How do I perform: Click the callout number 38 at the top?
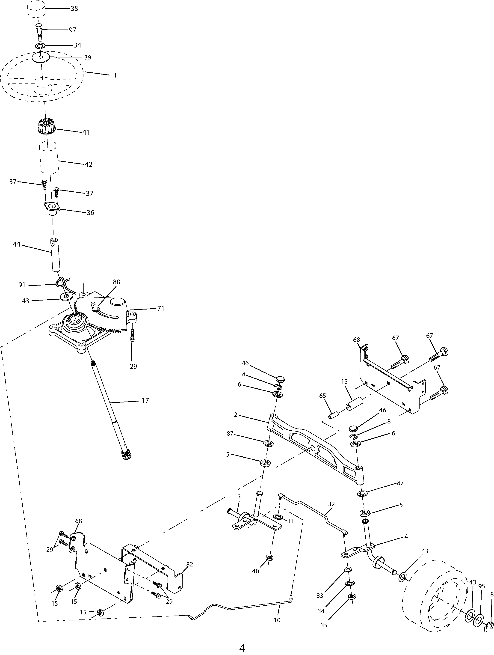point(74,9)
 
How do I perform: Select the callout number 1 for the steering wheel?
point(115,75)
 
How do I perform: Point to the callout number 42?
point(89,164)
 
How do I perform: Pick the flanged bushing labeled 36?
point(52,209)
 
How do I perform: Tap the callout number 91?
point(22,285)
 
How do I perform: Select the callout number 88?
point(117,282)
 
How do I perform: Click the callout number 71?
point(160,309)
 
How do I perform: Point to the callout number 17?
point(145,401)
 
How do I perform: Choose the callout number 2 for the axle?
point(236,415)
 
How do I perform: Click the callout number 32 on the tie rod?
point(331,504)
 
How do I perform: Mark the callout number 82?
point(190,564)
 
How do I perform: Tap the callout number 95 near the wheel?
point(482,586)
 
